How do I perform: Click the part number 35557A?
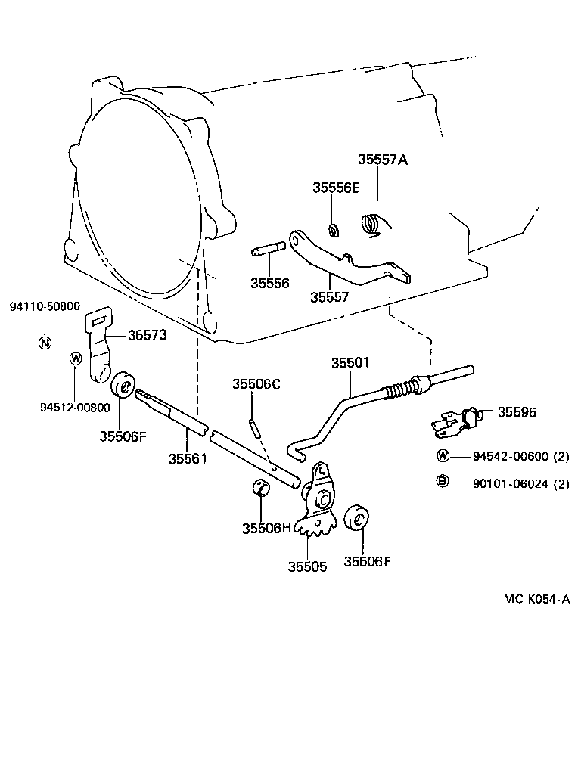(382, 160)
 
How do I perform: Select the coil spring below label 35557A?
(371, 224)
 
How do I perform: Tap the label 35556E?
(336, 188)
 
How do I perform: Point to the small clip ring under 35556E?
(332, 228)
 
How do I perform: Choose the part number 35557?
(329, 297)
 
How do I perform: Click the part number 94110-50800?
(45, 306)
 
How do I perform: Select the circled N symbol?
(45, 342)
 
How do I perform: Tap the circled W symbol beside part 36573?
(76, 358)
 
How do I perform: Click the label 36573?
(147, 334)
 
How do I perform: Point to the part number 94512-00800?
(75, 407)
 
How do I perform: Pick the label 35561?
(188, 458)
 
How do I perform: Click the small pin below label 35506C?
(255, 427)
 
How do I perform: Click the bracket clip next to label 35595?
(454, 422)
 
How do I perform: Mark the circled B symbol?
(442, 483)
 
